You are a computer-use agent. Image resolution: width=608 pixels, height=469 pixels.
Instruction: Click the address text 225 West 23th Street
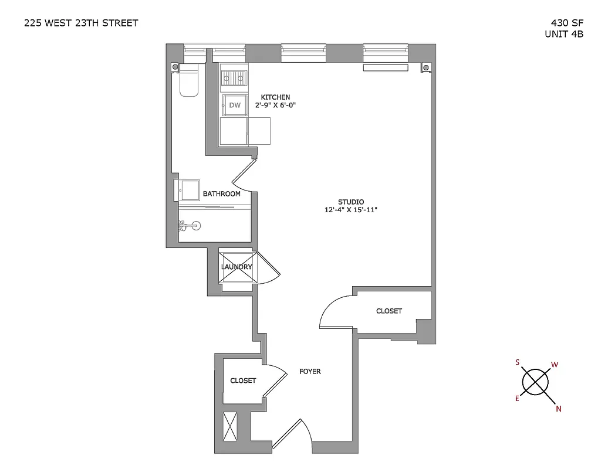click(81, 23)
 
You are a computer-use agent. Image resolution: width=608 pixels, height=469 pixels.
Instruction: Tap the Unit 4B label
click(564, 34)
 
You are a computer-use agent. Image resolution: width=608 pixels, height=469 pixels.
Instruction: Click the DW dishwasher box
click(235, 106)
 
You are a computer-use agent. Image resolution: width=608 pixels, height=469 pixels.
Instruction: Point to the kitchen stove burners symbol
click(234, 77)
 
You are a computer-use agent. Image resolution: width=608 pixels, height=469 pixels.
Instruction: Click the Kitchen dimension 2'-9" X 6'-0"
click(275, 106)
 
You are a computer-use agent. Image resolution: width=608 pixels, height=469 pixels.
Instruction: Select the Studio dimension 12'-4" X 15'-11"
click(351, 210)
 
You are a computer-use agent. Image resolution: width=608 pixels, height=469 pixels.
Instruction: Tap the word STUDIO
click(351, 202)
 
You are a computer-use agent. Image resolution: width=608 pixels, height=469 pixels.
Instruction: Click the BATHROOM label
click(221, 194)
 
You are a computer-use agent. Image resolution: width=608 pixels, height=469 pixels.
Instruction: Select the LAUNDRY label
click(237, 267)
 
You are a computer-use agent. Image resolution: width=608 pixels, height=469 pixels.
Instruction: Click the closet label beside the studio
click(389, 311)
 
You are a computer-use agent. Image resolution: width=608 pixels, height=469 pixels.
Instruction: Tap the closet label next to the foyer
click(243, 380)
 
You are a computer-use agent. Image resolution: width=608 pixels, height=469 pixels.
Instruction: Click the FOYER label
click(310, 372)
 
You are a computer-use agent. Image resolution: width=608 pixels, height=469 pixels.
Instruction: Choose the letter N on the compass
click(558, 409)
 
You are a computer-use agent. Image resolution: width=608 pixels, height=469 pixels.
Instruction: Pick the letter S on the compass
click(518, 362)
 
